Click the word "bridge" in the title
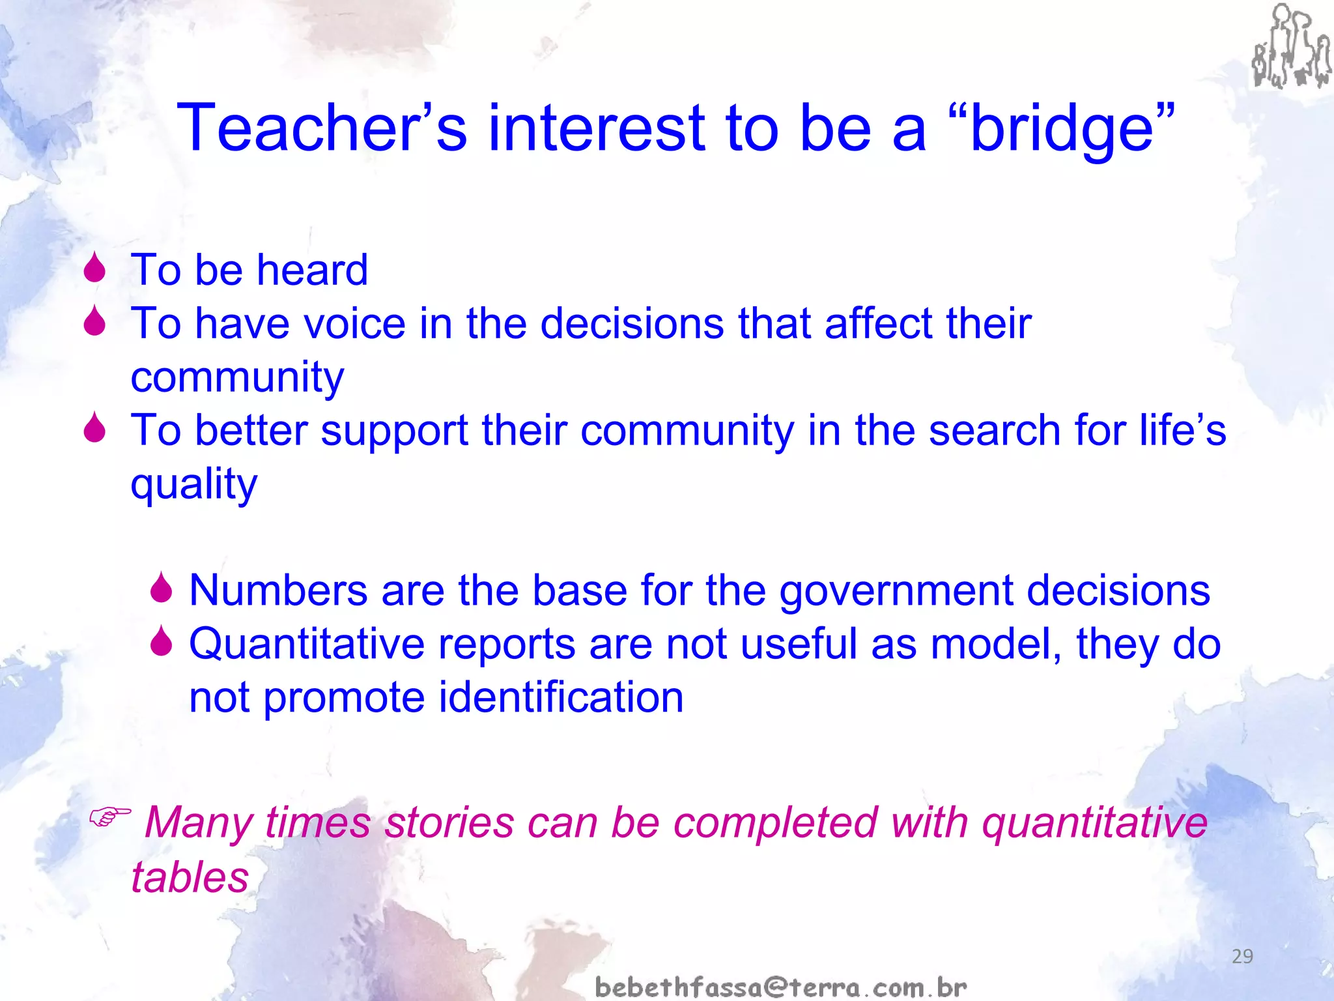coord(1062,129)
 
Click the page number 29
coord(1242,956)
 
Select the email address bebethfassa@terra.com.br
coord(781,987)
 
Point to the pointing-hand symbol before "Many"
coord(109,815)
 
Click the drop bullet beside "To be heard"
coord(95,268)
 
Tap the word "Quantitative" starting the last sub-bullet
coord(307,645)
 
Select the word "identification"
coord(561,697)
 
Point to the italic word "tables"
coord(190,877)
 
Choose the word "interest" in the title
coord(596,128)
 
